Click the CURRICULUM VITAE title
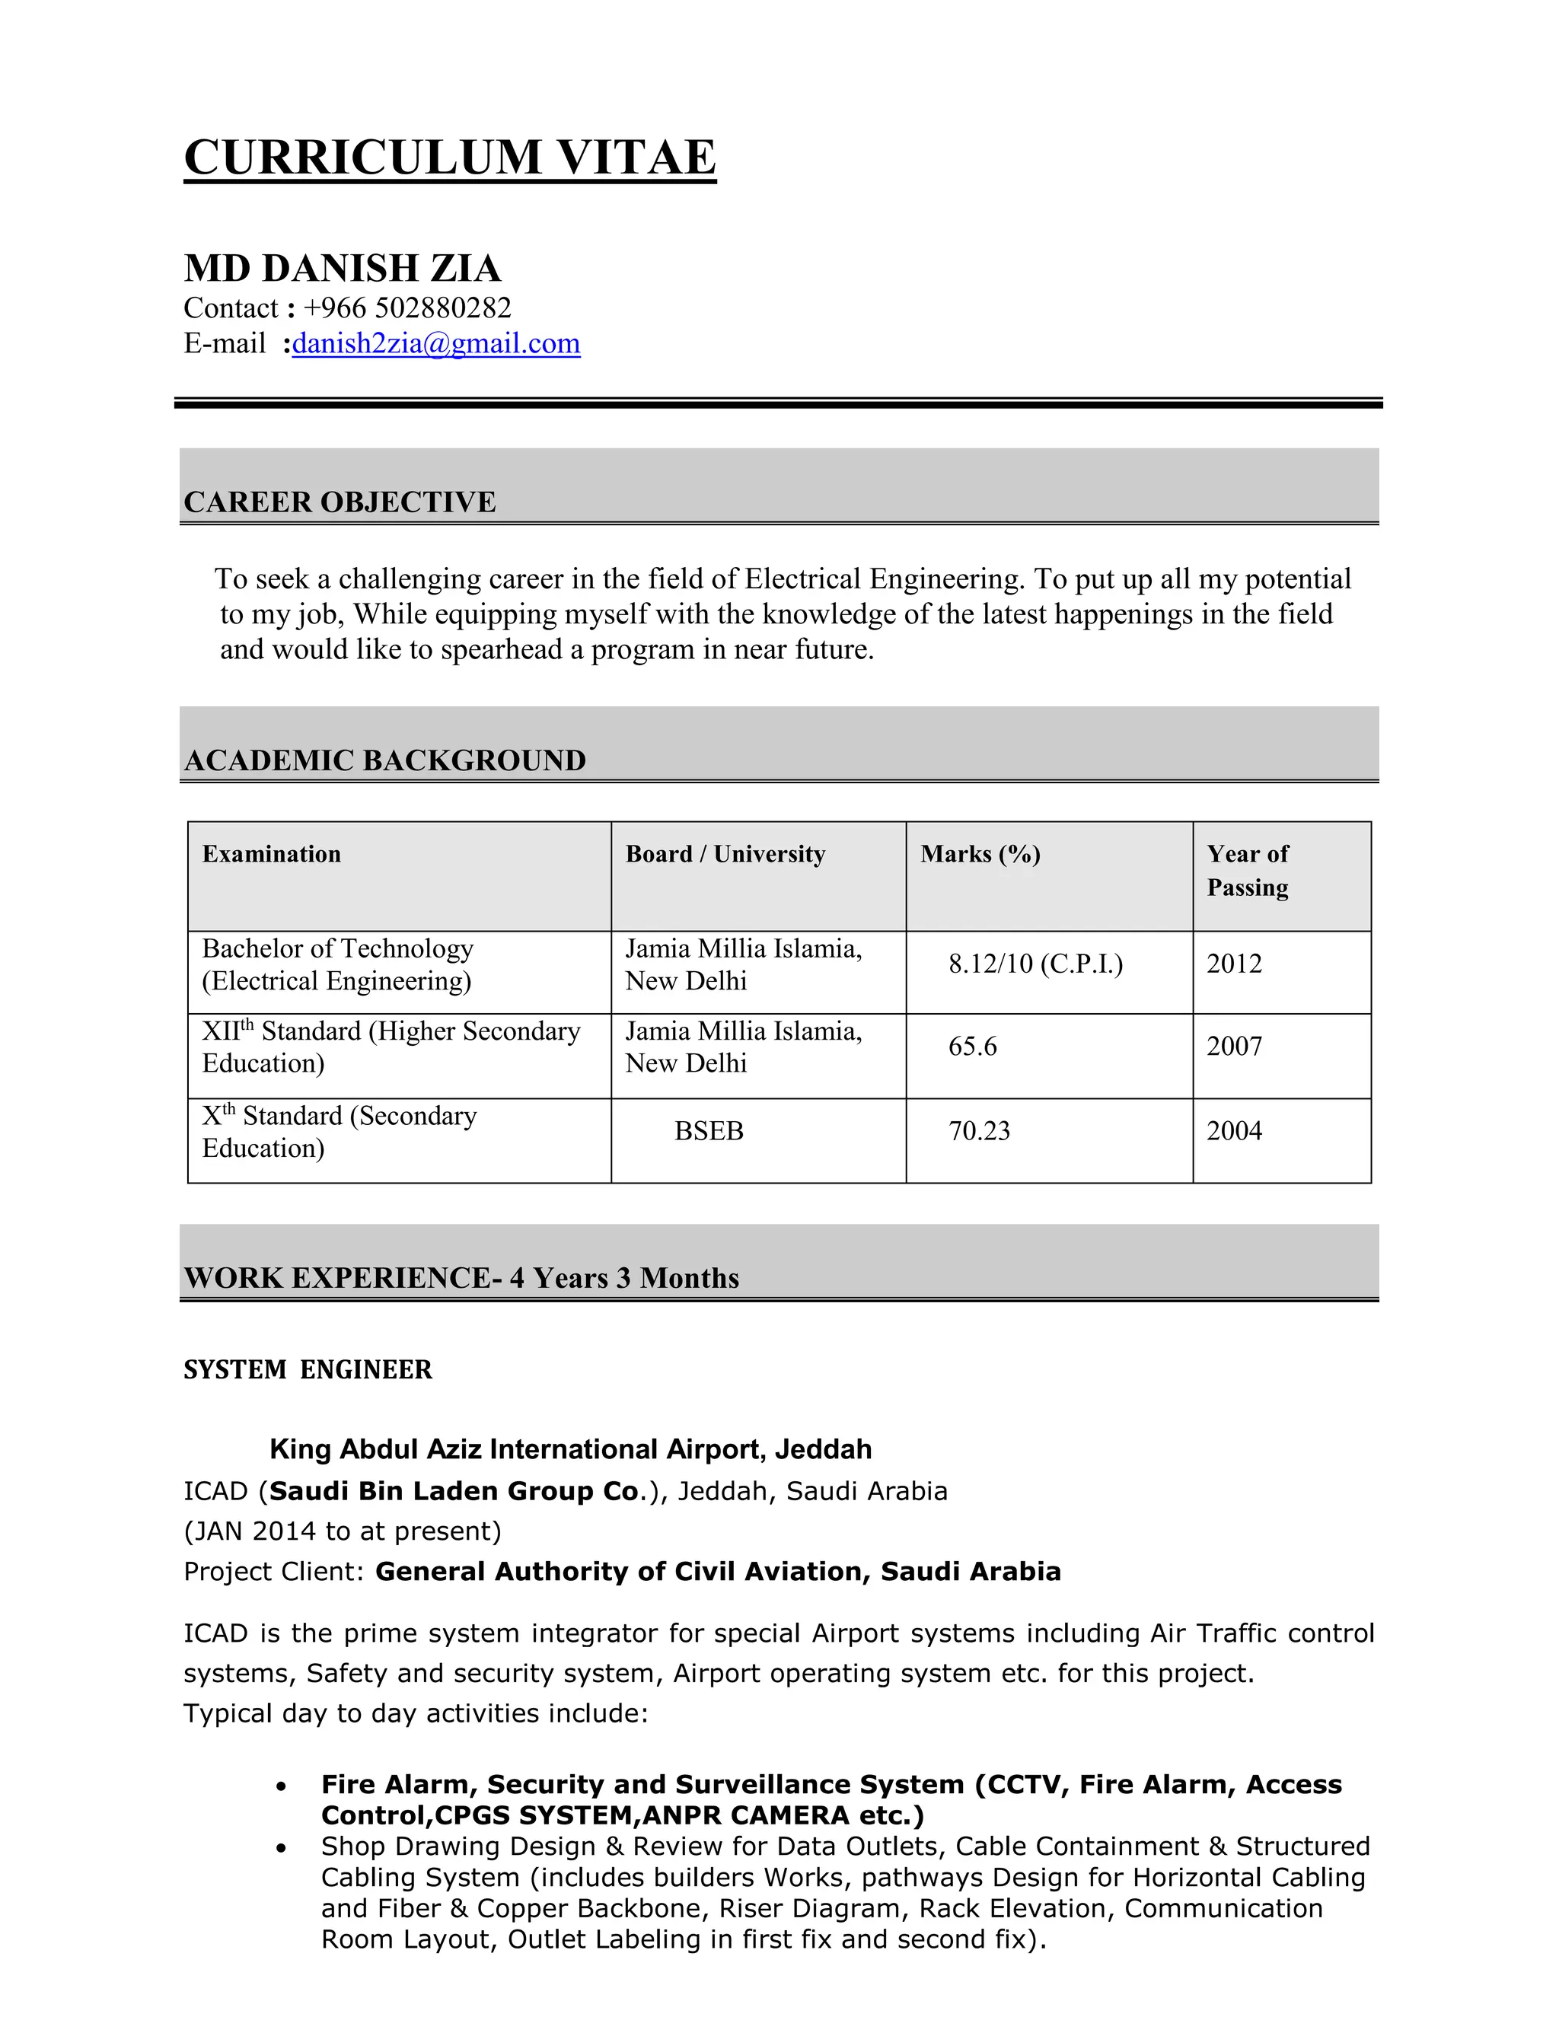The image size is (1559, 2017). [450, 157]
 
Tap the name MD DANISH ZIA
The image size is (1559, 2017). [342, 269]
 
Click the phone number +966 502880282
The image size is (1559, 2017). [406, 307]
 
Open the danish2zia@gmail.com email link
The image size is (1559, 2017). [436, 343]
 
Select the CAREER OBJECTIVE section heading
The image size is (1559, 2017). [340, 502]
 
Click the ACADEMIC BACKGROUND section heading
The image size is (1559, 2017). [384, 760]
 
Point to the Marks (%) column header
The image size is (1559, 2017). [980, 854]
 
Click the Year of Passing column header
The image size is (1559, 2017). [1247, 870]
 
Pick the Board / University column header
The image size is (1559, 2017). [725, 854]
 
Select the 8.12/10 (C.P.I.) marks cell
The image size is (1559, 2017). [1035, 964]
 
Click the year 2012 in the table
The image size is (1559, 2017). [1234, 964]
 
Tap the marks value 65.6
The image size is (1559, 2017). [973, 1047]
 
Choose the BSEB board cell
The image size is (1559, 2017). [709, 1131]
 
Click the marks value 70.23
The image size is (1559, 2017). [979, 1131]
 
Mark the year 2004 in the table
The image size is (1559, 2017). [1234, 1131]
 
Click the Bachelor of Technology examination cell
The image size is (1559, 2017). [338, 964]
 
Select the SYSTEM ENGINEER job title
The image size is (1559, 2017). [308, 1369]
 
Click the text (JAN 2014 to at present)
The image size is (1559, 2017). [343, 1531]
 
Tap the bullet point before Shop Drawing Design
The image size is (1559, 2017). [282, 1848]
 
